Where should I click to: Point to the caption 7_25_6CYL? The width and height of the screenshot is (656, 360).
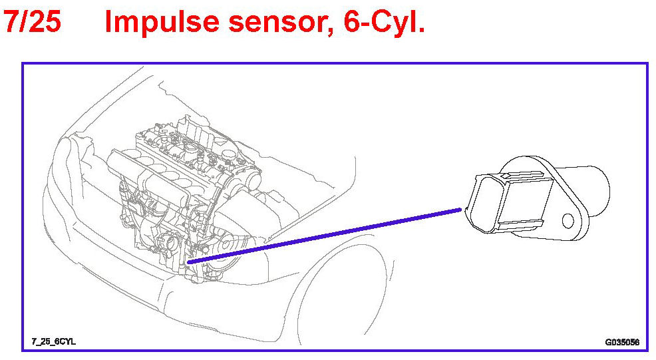pyautogui.click(x=54, y=341)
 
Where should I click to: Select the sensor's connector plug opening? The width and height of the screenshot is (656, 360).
pyautogui.click(x=482, y=203)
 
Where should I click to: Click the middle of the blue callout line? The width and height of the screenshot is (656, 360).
pyautogui.click(x=326, y=236)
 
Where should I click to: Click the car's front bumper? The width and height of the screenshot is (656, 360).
pyautogui.click(x=113, y=279)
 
